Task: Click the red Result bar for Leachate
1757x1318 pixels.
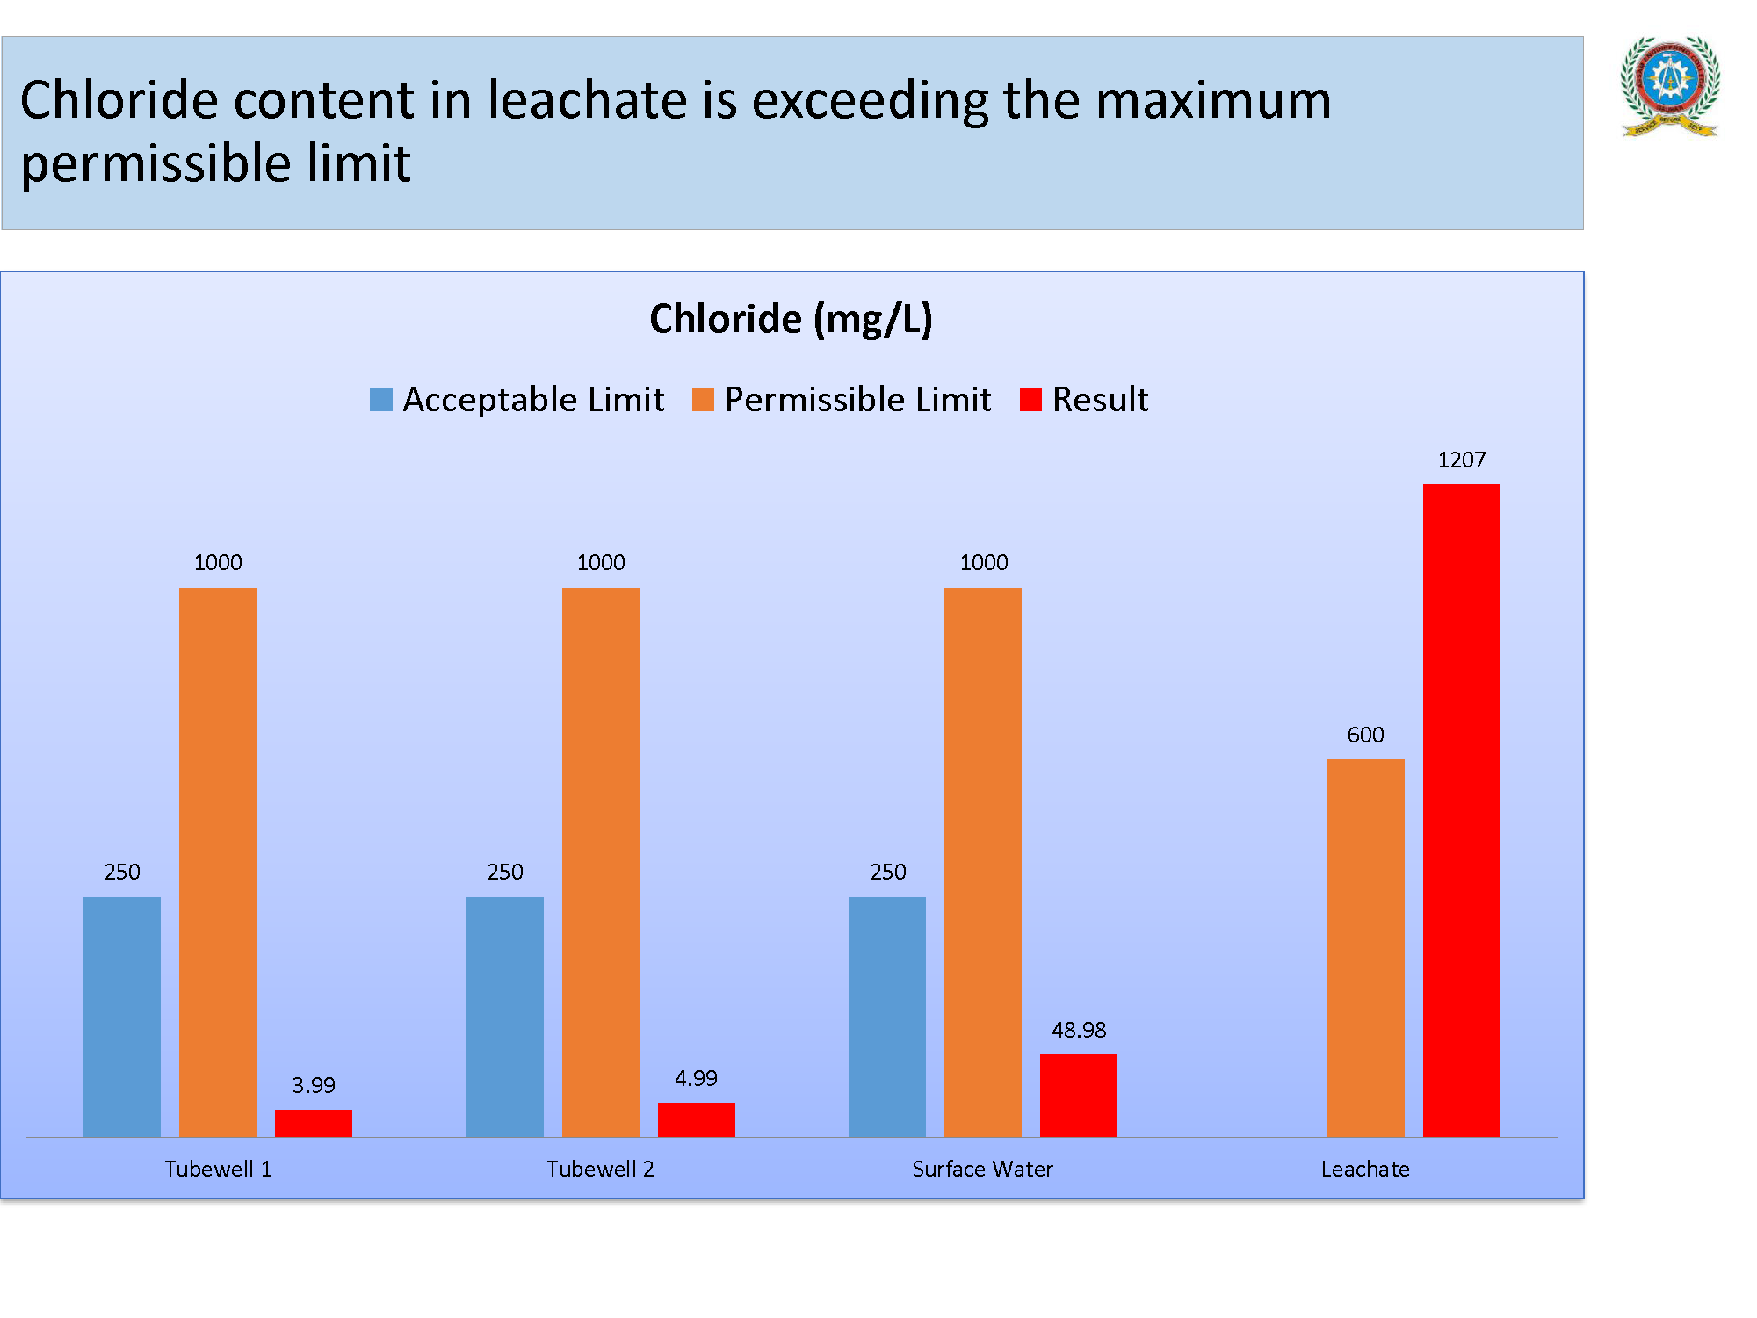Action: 1461,809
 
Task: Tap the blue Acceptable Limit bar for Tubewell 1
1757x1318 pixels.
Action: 122,1017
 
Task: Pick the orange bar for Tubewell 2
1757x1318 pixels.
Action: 600,862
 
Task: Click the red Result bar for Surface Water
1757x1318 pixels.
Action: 1078,1095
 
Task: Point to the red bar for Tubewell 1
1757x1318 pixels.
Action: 313,1123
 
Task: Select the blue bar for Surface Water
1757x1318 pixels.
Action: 887,1017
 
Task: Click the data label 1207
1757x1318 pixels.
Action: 1461,460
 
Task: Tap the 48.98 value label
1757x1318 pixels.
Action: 1079,1030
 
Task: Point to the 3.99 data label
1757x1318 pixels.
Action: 314,1085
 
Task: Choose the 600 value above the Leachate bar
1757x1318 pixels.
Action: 1365,735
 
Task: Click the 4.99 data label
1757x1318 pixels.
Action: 696,1078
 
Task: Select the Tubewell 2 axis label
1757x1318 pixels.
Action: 600,1169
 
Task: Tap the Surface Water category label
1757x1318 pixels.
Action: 982,1169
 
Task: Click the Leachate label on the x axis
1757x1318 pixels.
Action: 1365,1169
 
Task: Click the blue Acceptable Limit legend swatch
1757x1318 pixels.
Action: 381,400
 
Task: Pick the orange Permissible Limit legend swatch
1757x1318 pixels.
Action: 703,400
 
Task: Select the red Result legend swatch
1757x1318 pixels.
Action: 1030,400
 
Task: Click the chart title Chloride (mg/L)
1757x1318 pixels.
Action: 791,318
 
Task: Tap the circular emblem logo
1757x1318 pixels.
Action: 1669,86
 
